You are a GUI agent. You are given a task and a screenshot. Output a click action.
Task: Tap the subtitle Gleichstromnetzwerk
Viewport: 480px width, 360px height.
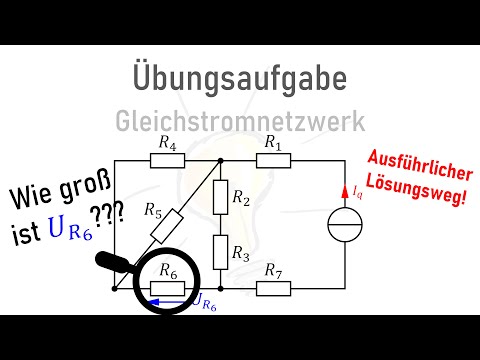coord(239,121)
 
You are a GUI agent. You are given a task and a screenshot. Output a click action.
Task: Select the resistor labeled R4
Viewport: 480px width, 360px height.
coord(168,160)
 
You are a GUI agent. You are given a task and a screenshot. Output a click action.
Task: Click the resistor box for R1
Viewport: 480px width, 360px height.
coord(271,160)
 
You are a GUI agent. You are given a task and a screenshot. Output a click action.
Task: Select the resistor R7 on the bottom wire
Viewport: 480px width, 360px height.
coord(271,288)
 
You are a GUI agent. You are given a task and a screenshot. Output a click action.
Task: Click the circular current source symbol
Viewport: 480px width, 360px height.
coord(343,225)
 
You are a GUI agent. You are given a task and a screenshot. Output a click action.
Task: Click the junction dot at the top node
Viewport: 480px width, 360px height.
coord(220,160)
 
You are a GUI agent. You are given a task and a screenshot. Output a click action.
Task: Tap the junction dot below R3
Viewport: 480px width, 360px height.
coord(220,288)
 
